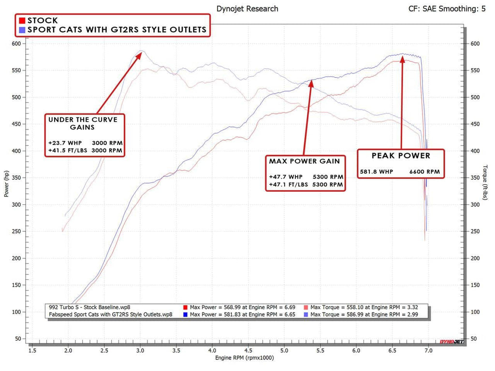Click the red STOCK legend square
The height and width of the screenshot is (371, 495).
22,21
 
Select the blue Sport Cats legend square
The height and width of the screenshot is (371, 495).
22,30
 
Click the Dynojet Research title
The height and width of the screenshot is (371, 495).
247,9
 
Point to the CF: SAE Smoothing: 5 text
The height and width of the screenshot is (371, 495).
447,9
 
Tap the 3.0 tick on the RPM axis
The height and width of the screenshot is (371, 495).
140,351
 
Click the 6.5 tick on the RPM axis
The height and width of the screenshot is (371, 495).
393,351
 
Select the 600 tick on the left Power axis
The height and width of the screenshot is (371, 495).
16,43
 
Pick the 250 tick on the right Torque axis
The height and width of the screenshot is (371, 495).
475,231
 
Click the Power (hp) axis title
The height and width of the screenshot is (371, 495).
6,184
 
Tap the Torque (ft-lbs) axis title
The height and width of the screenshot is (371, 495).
485,182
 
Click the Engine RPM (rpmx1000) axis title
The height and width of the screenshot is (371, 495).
244,358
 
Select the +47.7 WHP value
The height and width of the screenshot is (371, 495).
286,177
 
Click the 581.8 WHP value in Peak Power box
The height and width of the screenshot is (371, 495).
377,172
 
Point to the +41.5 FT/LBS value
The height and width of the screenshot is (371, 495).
68,151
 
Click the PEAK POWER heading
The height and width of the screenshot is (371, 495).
401,156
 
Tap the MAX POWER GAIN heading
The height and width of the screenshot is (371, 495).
305,161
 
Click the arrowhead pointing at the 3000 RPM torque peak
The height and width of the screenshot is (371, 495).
139,55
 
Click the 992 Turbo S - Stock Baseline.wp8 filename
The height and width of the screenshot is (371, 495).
89,307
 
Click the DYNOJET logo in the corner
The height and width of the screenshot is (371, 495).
451,342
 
